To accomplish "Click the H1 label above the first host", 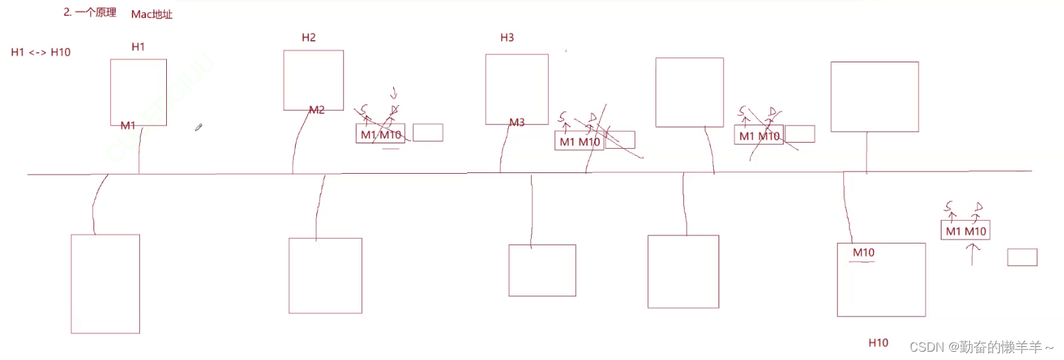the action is pos(138,47).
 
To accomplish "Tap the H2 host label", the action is pos(309,37).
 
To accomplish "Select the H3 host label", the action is pos(507,37).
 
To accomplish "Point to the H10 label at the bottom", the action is pos(878,343).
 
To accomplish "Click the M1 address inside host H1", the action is pos(128,125).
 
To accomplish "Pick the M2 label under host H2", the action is pos(316,110).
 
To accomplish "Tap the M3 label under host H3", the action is pos(517,123).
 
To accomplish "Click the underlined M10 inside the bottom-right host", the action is pos(863,253).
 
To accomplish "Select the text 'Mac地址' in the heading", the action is pos(152,15).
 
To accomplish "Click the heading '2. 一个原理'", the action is pos(90,12).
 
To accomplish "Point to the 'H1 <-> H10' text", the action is pos(41,53).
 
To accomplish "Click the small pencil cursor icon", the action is pos(199,127).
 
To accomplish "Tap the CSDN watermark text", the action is pos(982,346).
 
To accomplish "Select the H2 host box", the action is pos(314,80).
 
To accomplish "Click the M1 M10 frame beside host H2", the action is pos(380,134).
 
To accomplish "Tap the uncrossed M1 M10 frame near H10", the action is pos(965,231).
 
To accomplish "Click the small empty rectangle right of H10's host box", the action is pos(1022,257).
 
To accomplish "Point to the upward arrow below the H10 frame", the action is pos(973,254).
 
